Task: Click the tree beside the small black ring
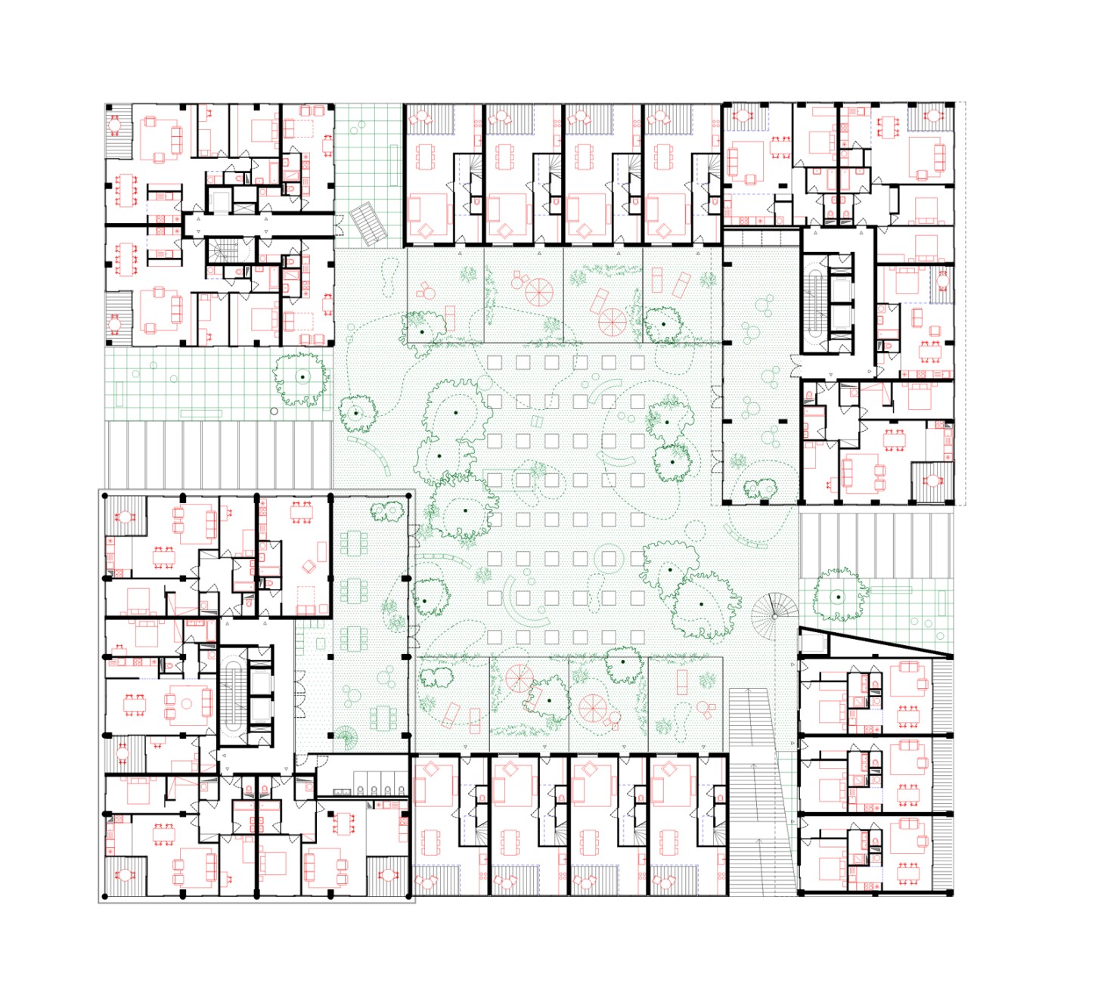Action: tap(301, 377)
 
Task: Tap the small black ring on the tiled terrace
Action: tap(274, 411)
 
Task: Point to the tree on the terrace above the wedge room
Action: tap(838, 596)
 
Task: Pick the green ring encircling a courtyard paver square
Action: tap(608, 558)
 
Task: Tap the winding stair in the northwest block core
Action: tap(222, 251)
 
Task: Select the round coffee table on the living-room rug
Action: tap(186, 704)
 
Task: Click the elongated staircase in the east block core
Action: tap(816, 302)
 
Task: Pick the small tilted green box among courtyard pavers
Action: tap(537, 421)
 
